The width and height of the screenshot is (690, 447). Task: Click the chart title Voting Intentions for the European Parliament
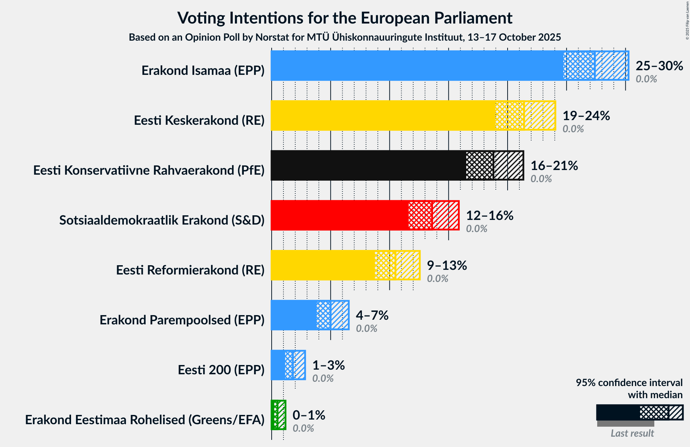(x=345, y=18)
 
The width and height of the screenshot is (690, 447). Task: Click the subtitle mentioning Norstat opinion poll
(x=345, y=37)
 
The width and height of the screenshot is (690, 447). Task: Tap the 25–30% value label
(x=659, y=66)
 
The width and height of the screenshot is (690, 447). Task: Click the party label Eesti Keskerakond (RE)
(x=199, y=120)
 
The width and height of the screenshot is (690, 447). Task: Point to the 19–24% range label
(x=586, y=116)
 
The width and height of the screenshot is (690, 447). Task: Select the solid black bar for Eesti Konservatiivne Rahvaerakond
(x=368, y=165)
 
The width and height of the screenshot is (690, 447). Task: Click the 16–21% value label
(x=554, y=166)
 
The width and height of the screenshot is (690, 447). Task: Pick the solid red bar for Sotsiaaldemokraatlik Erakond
(x=339, y=215)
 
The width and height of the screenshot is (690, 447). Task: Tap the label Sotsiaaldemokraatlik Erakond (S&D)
(x=162, y=220)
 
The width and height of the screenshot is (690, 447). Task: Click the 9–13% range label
(x=447, y=266)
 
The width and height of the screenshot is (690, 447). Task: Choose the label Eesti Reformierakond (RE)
(x=190, y=270)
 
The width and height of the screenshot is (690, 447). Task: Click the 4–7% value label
(x=372, y=315)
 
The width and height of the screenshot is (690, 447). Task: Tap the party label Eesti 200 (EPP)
(x=221, y=370)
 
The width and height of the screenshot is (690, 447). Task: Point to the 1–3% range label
(x=328, y=365)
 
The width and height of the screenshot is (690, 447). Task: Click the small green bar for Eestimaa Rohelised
(x=274, y=415)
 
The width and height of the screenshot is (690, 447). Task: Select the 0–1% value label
(x=308, y=415)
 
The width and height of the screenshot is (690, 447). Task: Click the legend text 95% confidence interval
(x=629, y=383)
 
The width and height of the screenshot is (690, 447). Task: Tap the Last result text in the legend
(x=632, y=433)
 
